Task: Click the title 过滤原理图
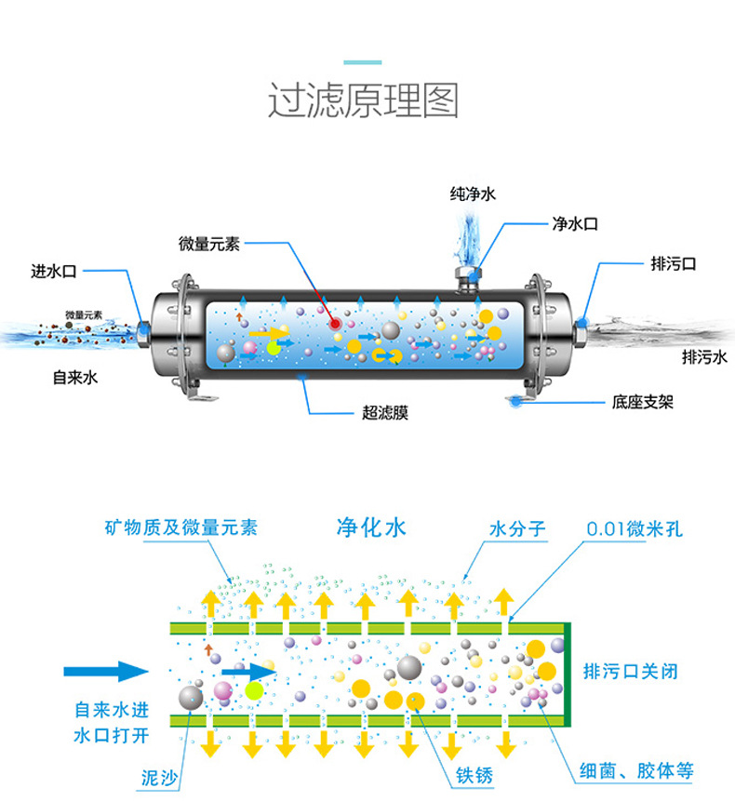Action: click(364, 100)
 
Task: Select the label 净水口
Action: click(574, 224)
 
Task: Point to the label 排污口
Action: click(674, 264)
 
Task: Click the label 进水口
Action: click(53, 272)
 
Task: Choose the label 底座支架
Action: click(643, 402)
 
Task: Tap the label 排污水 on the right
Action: click(704, 356)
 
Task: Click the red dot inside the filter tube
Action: click(333, 322)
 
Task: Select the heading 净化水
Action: click(371, 528)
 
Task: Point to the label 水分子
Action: click(517, 529)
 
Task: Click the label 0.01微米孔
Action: click(635, 528)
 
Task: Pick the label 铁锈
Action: click(473, 774)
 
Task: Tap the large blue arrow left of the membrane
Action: click(105, 671)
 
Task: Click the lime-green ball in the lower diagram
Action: click(254, 691)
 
